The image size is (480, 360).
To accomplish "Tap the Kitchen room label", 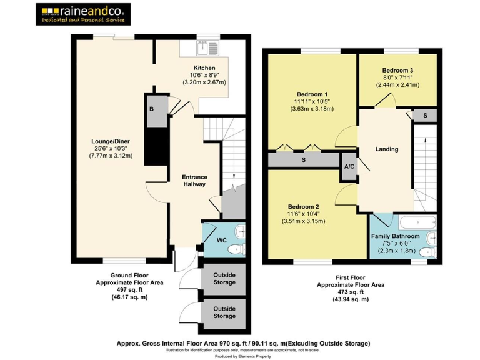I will coord(204,67).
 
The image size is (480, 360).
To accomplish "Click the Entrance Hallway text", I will coord(194,181).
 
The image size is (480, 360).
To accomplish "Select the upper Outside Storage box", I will coord(224,278).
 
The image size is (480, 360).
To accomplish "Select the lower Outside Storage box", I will coord(224,312).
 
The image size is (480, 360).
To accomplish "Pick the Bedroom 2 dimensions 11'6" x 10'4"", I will coord(304,214).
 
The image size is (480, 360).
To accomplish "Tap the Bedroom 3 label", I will coord(397,70).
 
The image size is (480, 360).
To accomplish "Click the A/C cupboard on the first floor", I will coord(349,167).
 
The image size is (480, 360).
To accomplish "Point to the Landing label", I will coord(386,149).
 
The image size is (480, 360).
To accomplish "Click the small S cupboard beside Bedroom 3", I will coord(424,116).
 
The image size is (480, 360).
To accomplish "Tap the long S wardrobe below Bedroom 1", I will coord(304,160).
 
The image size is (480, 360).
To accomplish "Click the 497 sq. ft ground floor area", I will coord(129,290).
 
